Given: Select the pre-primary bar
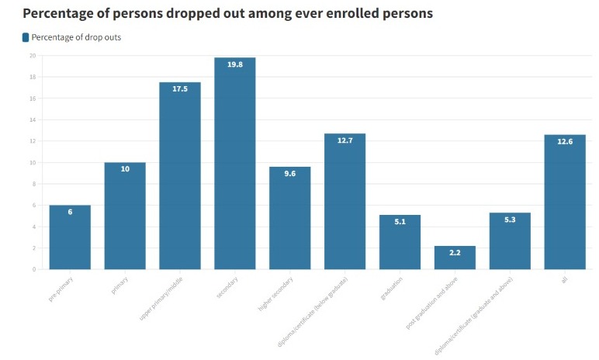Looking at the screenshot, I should tap(70, 237).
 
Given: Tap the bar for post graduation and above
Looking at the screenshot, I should tap(455, 258).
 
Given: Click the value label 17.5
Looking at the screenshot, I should tap(180, 89).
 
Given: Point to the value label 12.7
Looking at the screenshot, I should tap(345, 140).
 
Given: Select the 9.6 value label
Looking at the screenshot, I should tap(289, 174).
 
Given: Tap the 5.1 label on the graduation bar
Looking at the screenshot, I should tap(400, 222).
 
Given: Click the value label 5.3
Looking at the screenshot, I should tap(510, 220).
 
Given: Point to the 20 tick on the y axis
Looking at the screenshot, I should tap(32, 56).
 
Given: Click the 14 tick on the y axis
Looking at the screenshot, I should tap(32, 120).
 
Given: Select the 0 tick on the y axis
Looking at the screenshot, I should tap(33, 269).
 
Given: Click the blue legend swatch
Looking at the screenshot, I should tap(26, 37).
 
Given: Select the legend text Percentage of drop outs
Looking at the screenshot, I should tap(76, 37).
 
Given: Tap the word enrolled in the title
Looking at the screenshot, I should tap(351, 13).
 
